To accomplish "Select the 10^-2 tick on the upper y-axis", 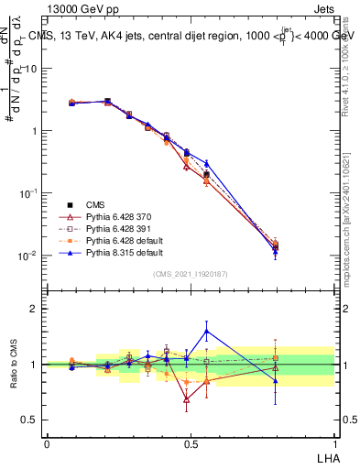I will click(x=27, y=256).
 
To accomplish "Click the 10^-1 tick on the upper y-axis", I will click(x=27, y=193).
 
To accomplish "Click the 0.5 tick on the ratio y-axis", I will click(x=29, y=420).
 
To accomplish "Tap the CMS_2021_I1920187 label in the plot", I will click(x=190, y=274).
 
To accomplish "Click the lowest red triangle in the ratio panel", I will click(x=187, y=399).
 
